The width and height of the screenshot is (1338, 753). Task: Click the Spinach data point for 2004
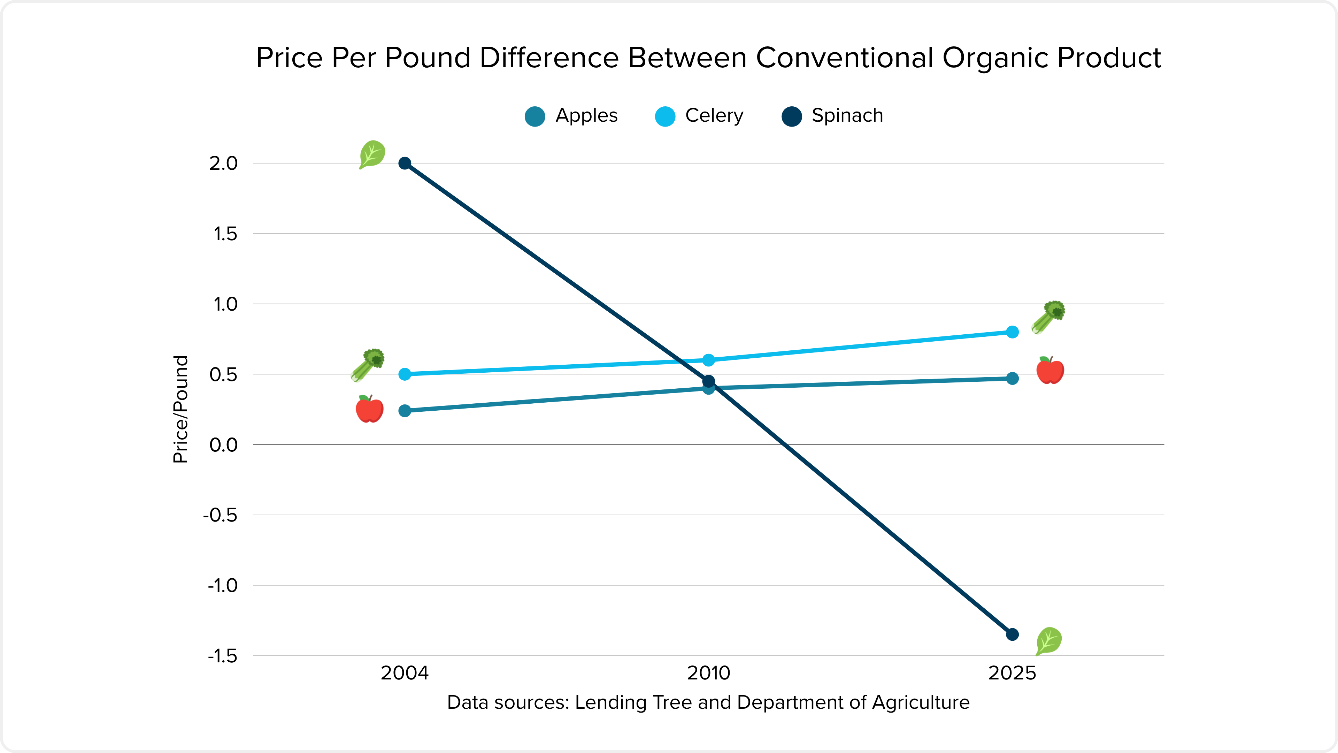[x=405, y=163]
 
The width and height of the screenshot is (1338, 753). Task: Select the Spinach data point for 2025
[x=1012, y=634]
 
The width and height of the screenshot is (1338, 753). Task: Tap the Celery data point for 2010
[x=708, y=360]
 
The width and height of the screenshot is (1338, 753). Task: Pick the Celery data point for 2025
[x=1012, y=332]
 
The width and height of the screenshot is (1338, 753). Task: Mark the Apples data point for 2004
[x=405, y=411]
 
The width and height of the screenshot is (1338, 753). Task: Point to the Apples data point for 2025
[x=1012, y=378]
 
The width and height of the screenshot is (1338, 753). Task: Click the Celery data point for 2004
[x=405, y=374]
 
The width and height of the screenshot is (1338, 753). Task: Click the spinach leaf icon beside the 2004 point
[x=372, y=154]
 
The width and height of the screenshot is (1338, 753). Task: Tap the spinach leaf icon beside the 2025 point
[x=1049, y=641]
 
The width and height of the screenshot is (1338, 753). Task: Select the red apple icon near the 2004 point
[x=370, y=409]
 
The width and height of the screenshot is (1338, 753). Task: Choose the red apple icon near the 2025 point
[x=1050, y=370]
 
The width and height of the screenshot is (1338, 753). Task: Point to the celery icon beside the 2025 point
[x=1048, y=317]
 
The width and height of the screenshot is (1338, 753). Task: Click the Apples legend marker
[x=535, y=116]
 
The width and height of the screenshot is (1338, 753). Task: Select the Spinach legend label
[x=847, y=115]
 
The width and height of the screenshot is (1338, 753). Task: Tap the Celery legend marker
[x=665, y=116]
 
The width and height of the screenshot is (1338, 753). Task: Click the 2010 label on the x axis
[x=708, y=672]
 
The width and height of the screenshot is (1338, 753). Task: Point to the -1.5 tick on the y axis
[x=222, y=656]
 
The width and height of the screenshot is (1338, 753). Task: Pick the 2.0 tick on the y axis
[x=223, y=163]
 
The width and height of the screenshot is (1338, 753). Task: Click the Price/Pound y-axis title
[x=180, y=409]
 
